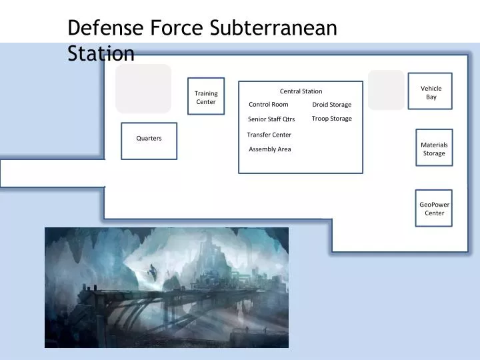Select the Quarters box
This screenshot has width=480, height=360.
[149, 141]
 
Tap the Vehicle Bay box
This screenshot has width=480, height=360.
[431, 91]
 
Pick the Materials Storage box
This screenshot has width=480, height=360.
[434, 148]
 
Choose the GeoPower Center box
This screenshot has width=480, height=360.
[434, 208]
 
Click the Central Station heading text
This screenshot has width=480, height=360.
[301, 91]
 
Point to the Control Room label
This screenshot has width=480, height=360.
[269, 105]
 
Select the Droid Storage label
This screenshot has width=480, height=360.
[331, 105]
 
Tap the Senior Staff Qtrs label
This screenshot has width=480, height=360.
[271, 119]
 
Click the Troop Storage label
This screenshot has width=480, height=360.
[331, 119]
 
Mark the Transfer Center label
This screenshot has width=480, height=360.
[269, 135]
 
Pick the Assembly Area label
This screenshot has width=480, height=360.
[270, 149]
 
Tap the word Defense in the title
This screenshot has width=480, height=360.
[102, 29]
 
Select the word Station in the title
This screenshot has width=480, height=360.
[101, 53]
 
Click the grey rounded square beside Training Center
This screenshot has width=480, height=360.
[143, 89]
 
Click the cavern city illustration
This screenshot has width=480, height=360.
[167, 287]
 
